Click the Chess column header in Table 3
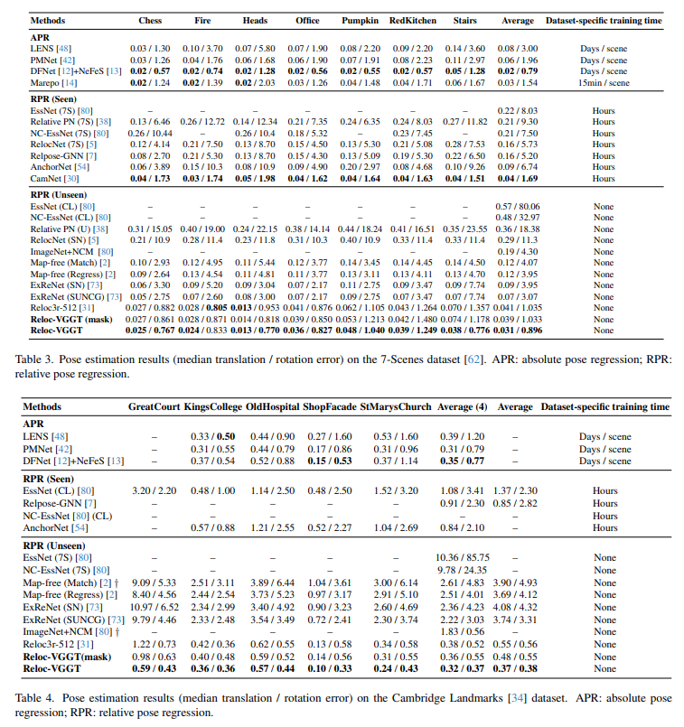pos(150,20)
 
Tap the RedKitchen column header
pos(411,20)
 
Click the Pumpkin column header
pos(361,20)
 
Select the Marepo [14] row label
pos(52,82)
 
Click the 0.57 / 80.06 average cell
pos(518,206)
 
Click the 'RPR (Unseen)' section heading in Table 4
pos(61,546)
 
